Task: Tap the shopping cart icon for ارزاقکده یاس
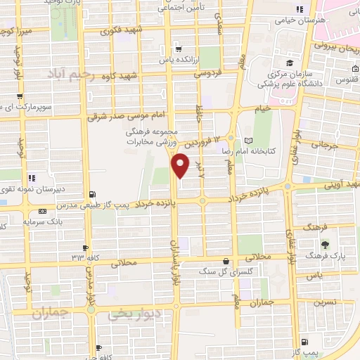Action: click(179, 49)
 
